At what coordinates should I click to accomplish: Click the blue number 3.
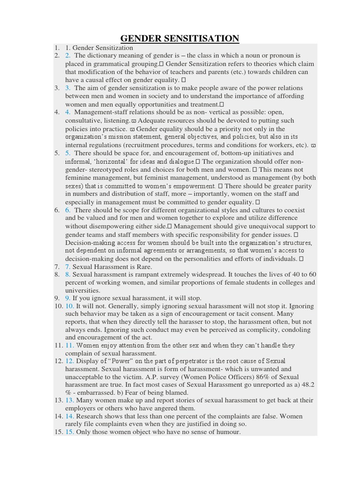tap(68, 88)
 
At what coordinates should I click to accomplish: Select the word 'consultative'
tap(84, 120)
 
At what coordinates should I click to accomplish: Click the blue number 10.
tap(70, 306)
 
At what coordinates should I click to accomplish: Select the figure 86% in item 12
tap(249, 377)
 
